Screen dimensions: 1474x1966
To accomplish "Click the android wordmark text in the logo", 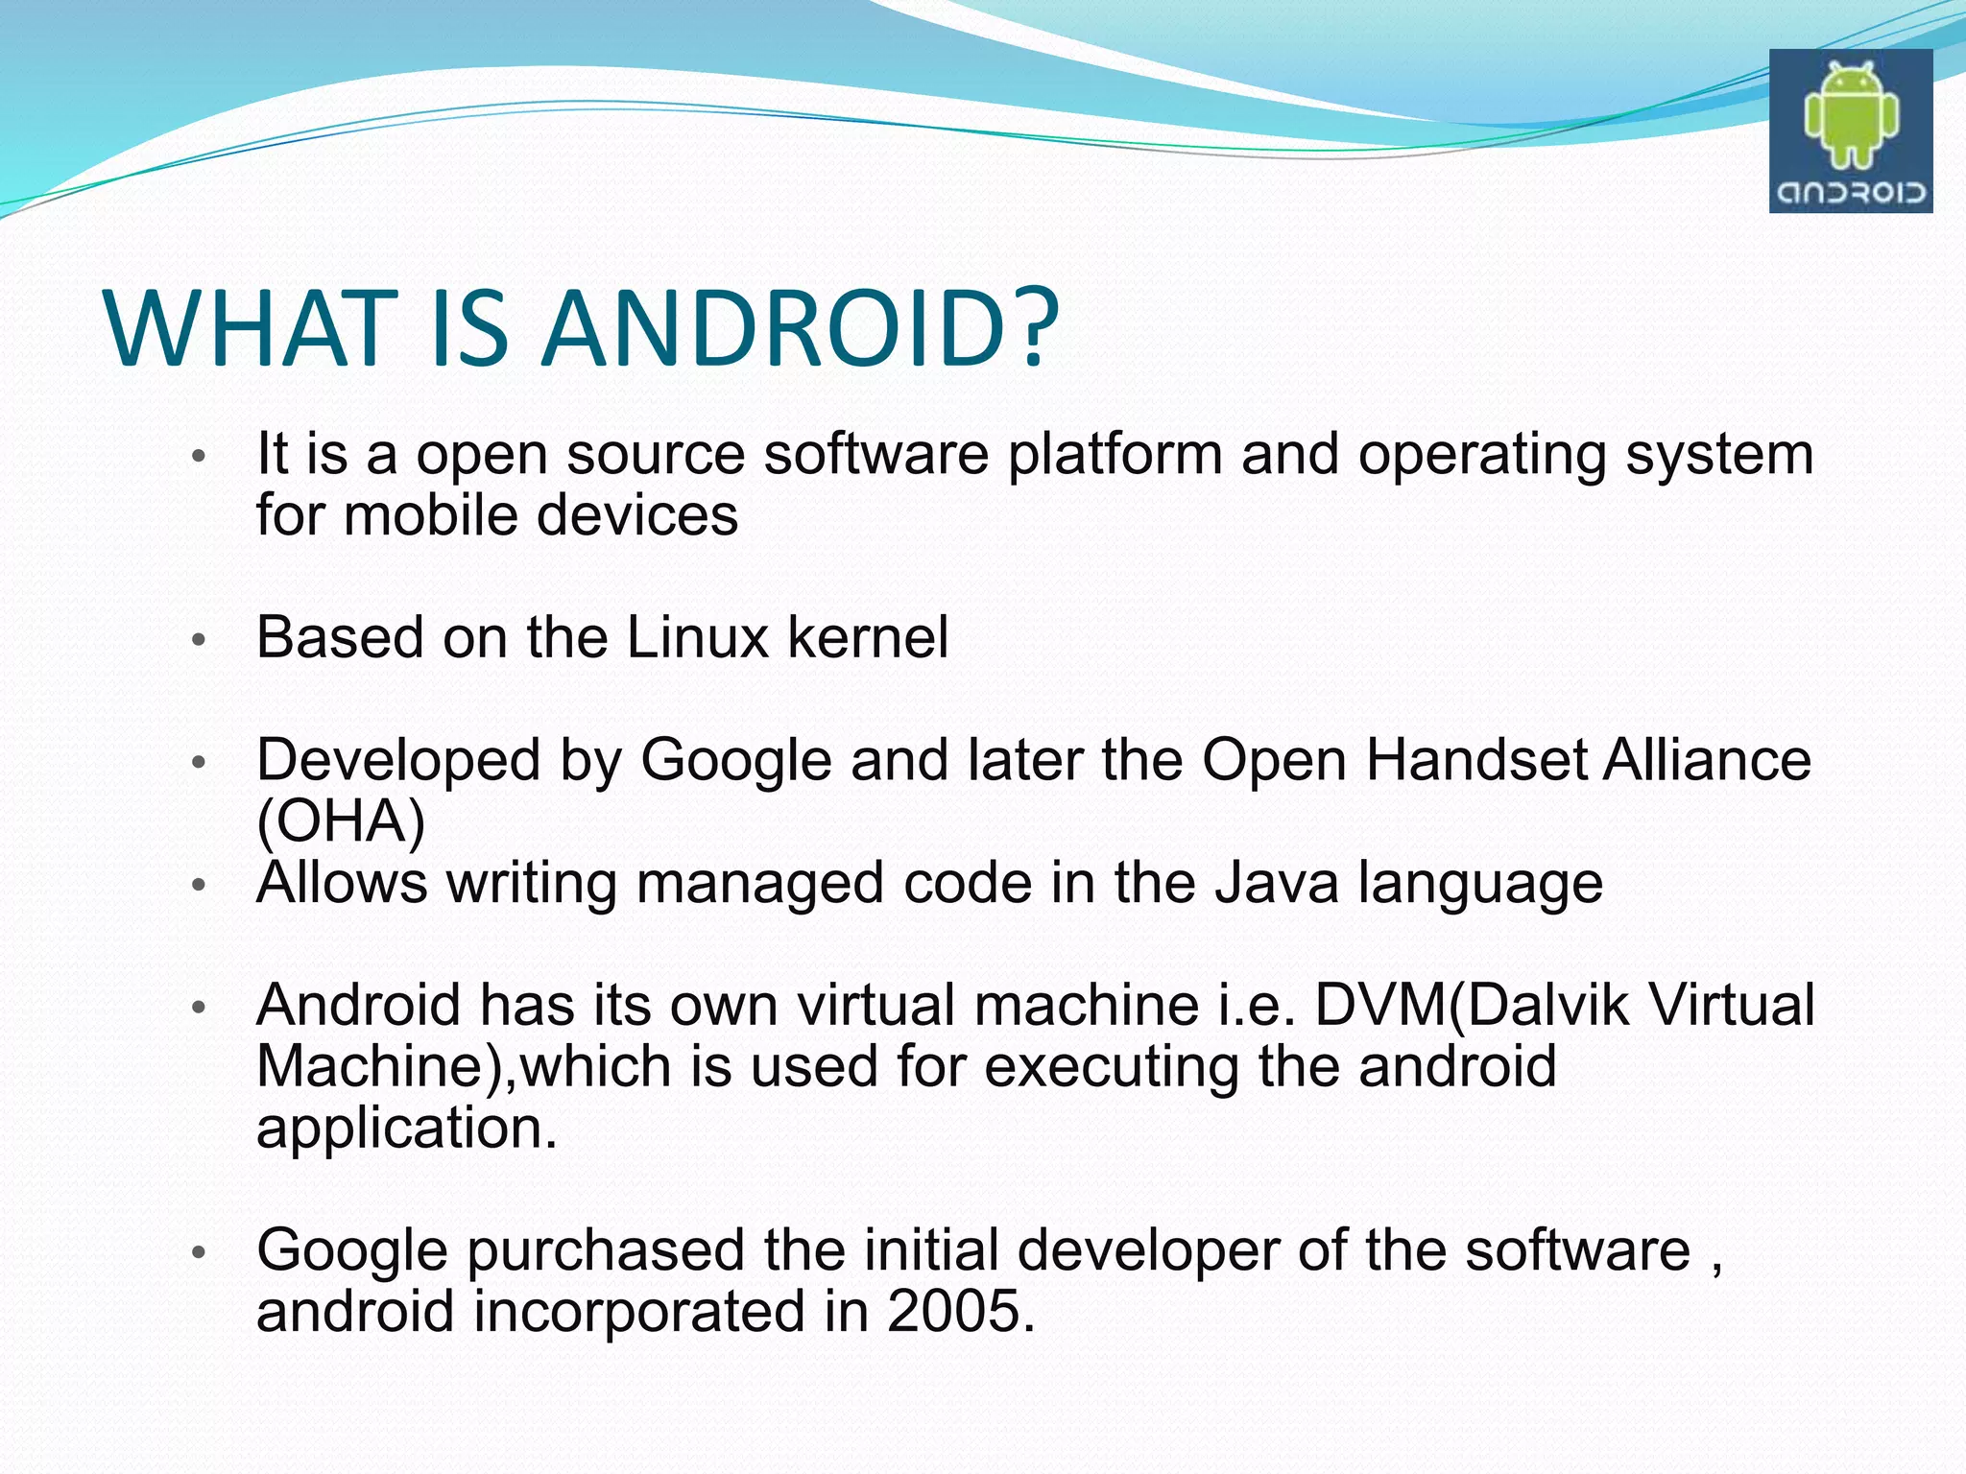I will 1850,193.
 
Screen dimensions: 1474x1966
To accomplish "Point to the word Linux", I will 697,637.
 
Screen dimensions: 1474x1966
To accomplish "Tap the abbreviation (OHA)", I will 341,821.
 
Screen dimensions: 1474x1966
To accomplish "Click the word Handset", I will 1475,760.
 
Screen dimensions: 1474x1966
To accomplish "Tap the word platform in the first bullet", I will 1115,455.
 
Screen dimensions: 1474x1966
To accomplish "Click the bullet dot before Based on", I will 199,640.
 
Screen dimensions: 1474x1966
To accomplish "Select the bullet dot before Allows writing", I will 199,885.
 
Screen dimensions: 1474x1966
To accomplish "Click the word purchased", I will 606,1251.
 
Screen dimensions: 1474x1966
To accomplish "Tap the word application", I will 406,1129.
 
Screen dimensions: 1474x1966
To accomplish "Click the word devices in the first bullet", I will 637,515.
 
